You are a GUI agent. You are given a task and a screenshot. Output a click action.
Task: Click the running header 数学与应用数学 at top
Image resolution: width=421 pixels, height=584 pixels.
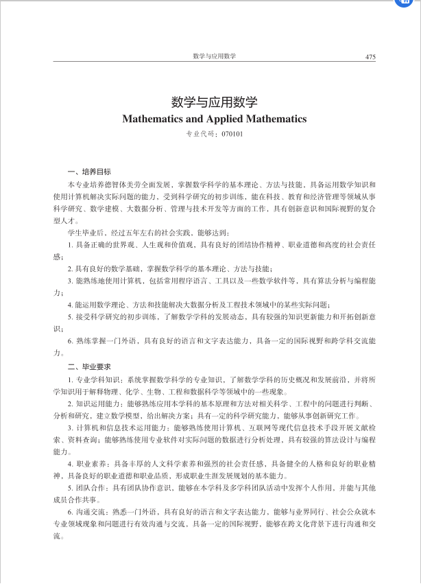[x=214, y=56]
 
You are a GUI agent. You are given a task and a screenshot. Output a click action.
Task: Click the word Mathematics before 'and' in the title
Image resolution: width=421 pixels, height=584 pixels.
[x=152, y=119]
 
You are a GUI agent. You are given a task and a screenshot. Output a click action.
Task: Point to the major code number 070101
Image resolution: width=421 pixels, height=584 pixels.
[x=232, y=133]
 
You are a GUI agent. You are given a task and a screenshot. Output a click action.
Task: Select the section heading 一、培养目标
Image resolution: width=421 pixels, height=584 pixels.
[x=84, y=171]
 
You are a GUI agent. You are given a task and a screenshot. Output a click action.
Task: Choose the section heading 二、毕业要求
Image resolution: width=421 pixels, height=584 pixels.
[x=84, y=367]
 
